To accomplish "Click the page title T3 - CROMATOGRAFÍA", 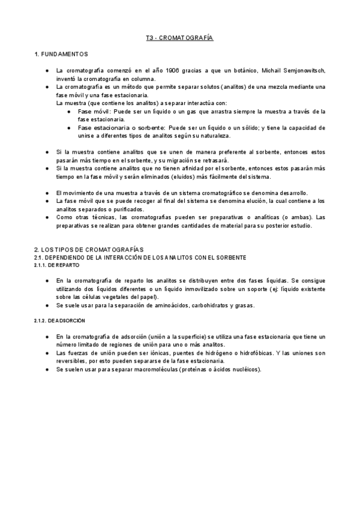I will pos(179,38).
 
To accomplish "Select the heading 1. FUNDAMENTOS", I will pos(61,55).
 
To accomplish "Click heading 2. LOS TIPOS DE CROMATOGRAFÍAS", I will pos(88,249).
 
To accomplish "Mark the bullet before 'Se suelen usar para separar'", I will pos(47,369).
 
